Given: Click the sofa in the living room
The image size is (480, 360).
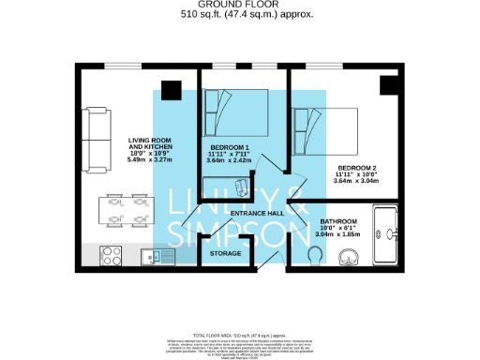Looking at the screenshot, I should pos(95,137).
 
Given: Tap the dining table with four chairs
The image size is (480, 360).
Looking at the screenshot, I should pos(127,210).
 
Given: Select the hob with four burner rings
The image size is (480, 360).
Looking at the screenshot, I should pos(109,254).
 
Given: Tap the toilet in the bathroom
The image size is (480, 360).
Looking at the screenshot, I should pos(315,256).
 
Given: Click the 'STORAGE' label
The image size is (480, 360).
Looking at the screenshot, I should pos(226,253).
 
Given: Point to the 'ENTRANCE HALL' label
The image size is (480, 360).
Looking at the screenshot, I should pos(257,214).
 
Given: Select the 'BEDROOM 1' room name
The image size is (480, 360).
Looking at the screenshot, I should pos(228,148).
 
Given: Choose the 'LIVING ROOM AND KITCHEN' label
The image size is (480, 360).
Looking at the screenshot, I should pos(147,144).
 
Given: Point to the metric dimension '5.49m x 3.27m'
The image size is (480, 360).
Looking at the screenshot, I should pos(147,160).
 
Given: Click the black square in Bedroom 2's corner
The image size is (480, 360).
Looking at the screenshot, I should pos(388,85).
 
